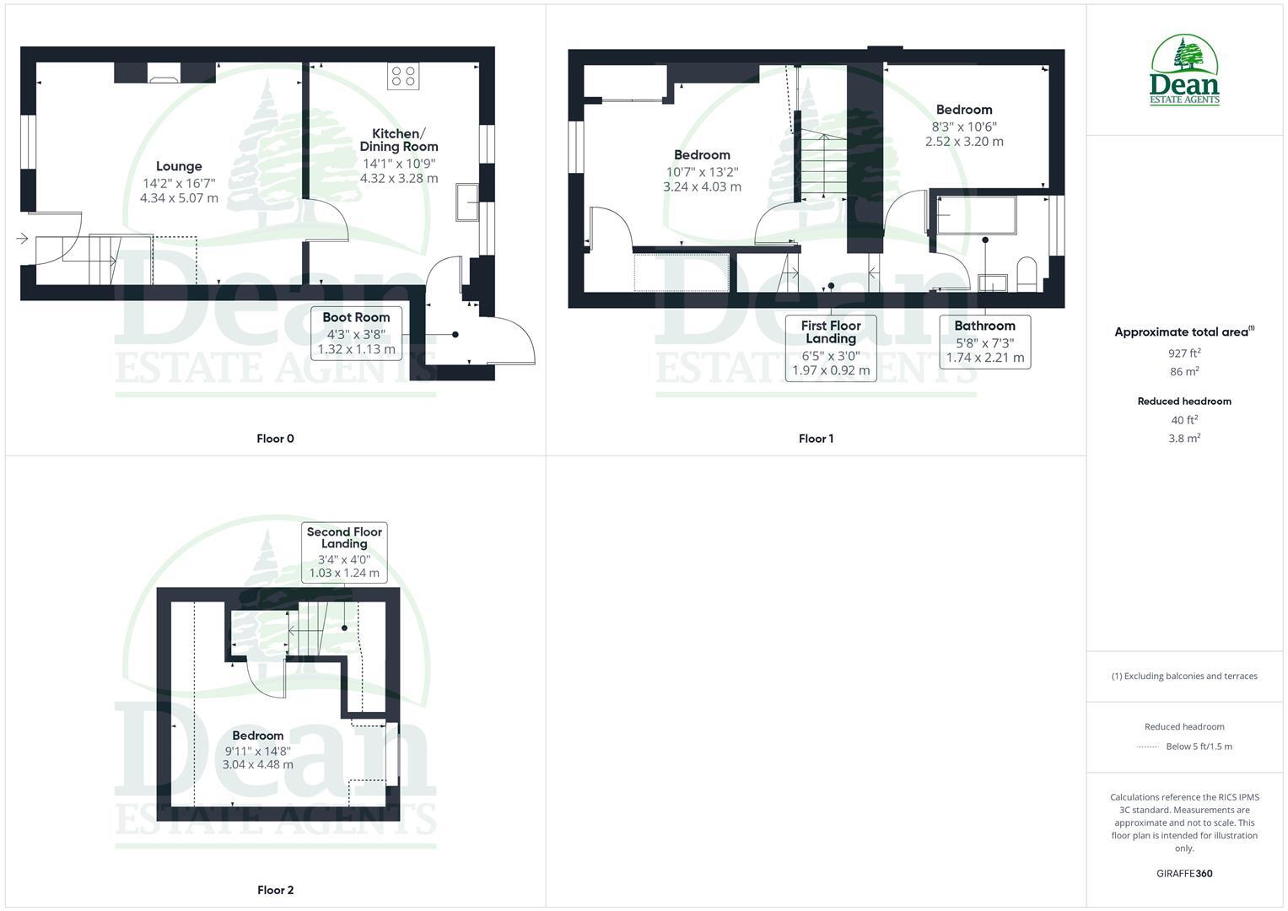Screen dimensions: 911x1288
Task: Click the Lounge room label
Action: click(x=179, y=166)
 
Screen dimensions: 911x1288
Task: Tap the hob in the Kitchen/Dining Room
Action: click(x=401, y=76)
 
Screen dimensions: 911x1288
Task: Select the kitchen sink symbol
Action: click(x=466, y=202)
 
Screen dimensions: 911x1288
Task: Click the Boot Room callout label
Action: click(x=356, y=332)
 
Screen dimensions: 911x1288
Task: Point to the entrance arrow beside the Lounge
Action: click(x=21, y=240)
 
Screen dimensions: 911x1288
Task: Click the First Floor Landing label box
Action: click(x=831, y=348)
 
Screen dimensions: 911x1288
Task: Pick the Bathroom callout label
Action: click(x=984, y=342)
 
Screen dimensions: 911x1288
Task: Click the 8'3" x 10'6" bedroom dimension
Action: click(x=964, y=127)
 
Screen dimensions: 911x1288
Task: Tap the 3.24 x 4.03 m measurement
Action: click(x=702, y=186)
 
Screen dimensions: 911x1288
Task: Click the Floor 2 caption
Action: click(x=276, y=890)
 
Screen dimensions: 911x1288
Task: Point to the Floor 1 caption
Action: click(x=816, y=439)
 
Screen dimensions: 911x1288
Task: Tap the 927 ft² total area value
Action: click(x=1184, y=353)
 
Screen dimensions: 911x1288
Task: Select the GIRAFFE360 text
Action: click(x=1184, y=874)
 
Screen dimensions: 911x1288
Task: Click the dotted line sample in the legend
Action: click(x=1148, y=747)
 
